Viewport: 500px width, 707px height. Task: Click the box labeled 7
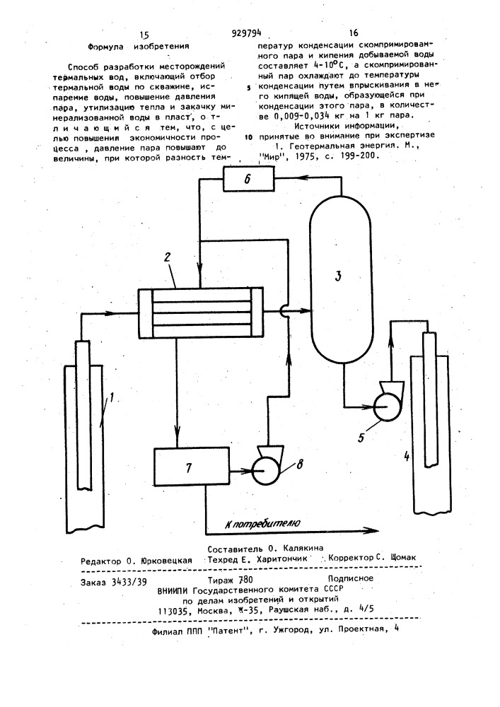(x=191, y=467)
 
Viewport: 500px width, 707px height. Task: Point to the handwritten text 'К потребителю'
(x=262, y=523)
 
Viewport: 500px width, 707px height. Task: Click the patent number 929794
(x=246, y=33)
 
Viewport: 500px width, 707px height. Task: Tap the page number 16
(x=354, y=33)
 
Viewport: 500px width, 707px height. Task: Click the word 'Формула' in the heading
(x=104, y=46)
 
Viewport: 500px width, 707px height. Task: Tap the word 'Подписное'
(x=350, y=578)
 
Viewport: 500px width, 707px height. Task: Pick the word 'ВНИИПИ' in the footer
(x=173, y=590)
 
